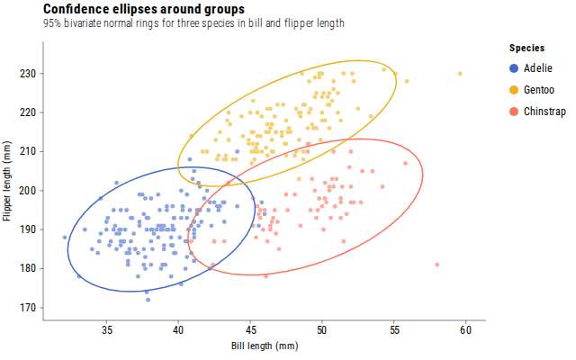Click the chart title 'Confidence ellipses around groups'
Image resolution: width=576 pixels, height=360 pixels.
click(144, 9)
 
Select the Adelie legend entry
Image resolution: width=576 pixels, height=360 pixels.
click(531, 68)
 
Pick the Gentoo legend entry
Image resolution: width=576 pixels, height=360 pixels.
click(532, 90)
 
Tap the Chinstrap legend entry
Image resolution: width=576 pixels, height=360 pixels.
click(537, 112)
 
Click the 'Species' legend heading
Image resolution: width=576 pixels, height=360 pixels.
click(526, 48)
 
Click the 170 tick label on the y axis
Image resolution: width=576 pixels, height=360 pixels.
click(28, 308)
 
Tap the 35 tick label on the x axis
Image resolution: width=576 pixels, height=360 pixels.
click(106, 330)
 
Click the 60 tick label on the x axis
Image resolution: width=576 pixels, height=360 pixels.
click(465, 330)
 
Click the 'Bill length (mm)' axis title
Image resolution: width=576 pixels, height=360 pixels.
click(265, 346)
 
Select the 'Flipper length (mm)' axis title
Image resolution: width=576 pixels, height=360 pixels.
click(6, 181)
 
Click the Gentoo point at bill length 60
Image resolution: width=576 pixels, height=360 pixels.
click(460, 74)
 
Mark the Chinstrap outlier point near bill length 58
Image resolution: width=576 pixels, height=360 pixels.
click(436, 265)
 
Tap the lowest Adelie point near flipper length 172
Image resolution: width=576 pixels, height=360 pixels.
click(148, 300)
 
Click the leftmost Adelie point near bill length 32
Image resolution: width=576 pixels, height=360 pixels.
click(65, 238)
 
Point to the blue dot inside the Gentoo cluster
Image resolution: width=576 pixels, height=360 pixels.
click(238, 151)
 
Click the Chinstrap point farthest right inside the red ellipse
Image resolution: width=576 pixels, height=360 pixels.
click(405, 163)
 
